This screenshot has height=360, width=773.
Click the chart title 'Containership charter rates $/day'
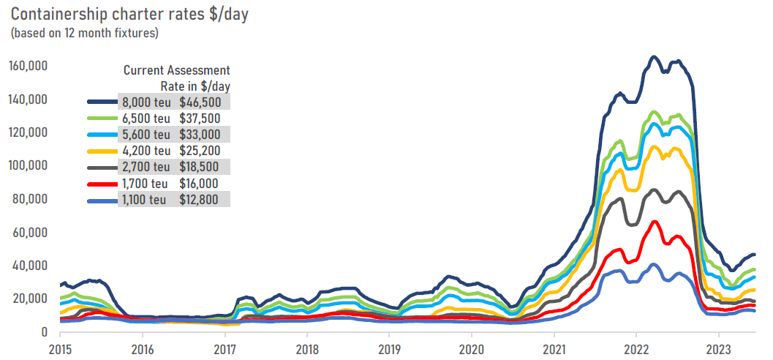click(130, 15)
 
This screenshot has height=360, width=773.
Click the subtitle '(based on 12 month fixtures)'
click(85, 33)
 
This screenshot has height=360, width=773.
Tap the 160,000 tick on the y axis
click(29, 66)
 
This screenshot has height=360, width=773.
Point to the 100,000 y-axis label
click(29, 166)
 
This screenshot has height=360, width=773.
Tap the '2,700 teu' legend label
click(146, 168)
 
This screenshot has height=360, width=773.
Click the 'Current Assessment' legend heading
click(176, 70)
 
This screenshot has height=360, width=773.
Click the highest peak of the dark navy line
click(655, 56)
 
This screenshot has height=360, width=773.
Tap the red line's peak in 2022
click(655, 221)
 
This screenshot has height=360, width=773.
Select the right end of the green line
click(755, 270)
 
